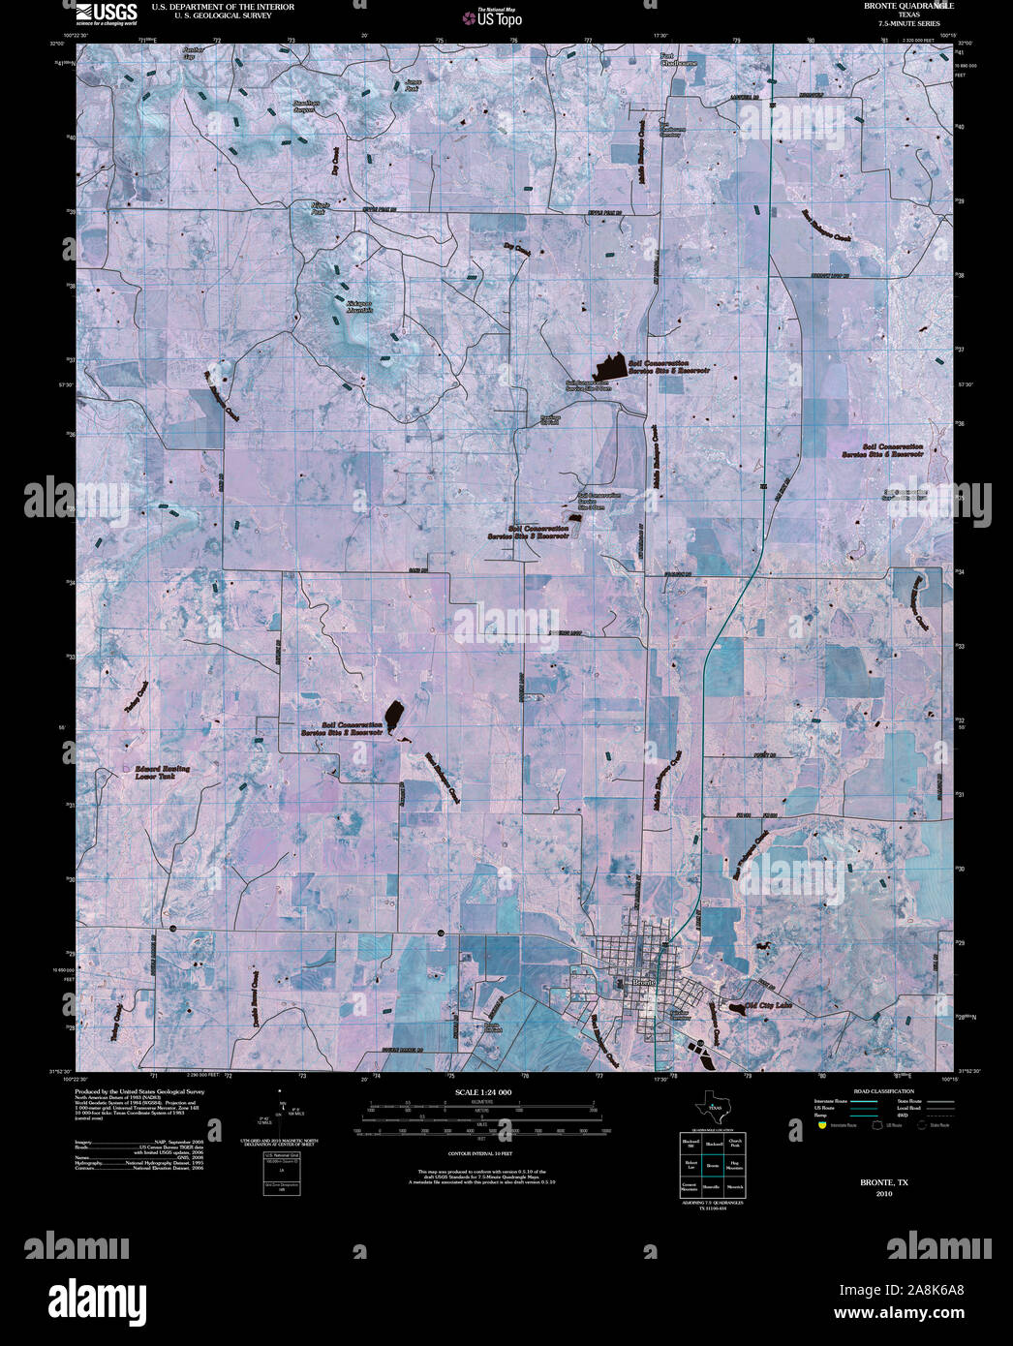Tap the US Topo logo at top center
coord(493,17)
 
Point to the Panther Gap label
coord(195,51)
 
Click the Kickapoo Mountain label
coord(359,307)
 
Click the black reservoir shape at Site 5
coord(608,367)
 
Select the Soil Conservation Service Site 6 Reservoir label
coord(880,450)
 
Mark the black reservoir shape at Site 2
coord(394,718)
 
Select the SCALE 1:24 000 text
coord(482,1092)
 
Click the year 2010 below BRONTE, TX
coord(883,1193)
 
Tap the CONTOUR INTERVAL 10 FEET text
coord(480,1154)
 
